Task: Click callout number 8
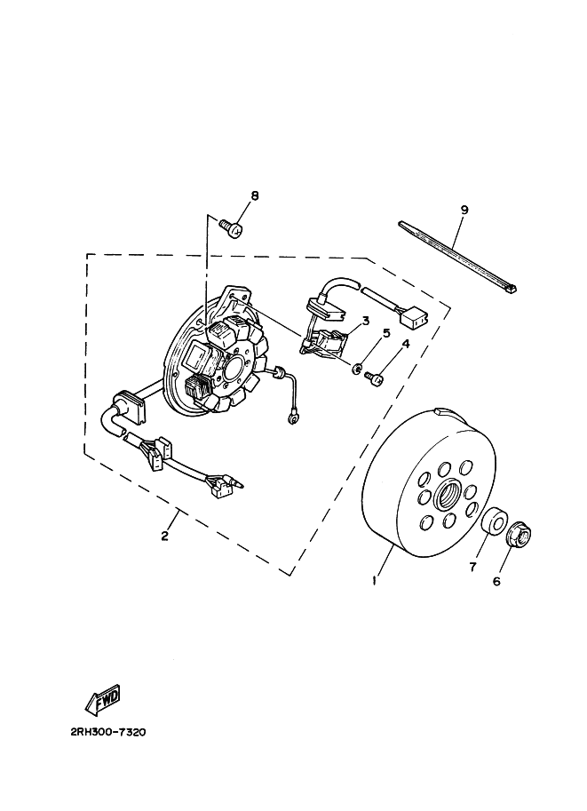click(x=254, y=196)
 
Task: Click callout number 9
click(x=464, y=210)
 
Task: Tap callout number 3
click(x=365, y=321)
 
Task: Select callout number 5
click(x=386, y=333)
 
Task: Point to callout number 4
click(x=405, y=344)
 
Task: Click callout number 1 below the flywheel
click(x=376, y=581)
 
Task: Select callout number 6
click(x=497, y=581)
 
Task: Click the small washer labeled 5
click(x=355, y=368)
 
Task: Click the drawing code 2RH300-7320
click(x=104, y=734)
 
